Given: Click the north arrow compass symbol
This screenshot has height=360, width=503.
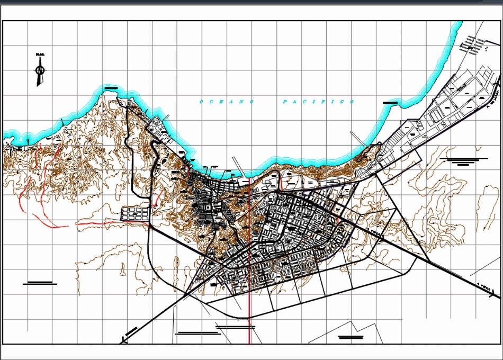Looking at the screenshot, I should (x=40, y=70).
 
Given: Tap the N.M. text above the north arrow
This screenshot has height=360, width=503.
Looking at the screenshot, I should (x=39, y=55).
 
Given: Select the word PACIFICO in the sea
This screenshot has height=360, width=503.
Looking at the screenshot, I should (x=318, y=102).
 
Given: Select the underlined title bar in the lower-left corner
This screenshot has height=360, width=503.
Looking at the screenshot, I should (x=40, y=284).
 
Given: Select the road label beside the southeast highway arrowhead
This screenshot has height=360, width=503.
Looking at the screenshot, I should (x=484, y=285).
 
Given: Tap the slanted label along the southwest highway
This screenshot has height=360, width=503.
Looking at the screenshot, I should (x=132, y=331).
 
